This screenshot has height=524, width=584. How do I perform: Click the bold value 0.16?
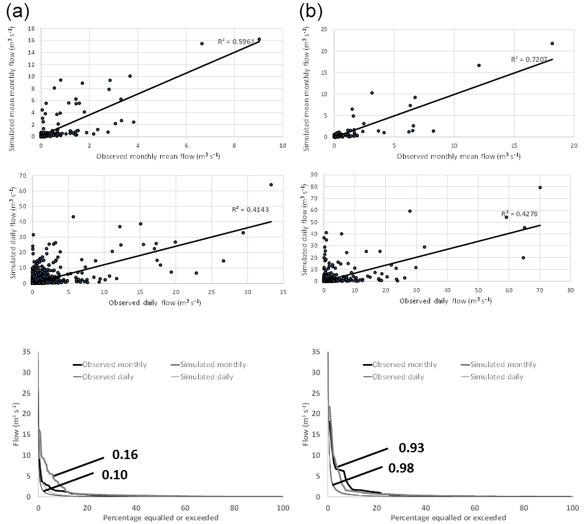(x=125, y=454)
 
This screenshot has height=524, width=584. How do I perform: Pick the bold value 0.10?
(x=114, y=474)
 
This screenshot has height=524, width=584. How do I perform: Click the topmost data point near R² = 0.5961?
(x=259, y=39)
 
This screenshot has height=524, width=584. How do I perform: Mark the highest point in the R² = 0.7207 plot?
(x=552, y=44)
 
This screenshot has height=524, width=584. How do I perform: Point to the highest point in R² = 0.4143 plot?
(x=271, y=184)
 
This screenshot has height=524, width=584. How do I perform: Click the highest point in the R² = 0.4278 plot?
(x=540, y=188)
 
